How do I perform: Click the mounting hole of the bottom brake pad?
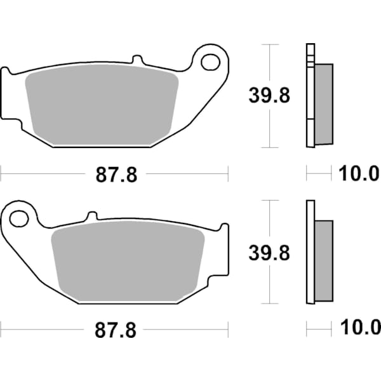(x=19, y=218)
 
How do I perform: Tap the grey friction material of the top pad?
(x=102, y=105)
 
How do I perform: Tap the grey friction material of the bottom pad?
(x=127, y=260)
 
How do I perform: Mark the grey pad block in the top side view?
(x=323, y=103)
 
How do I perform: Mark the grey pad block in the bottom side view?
(x=323, y=260)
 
